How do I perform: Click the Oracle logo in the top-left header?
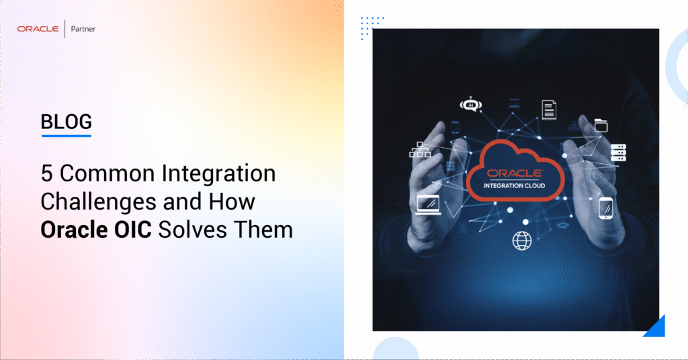38,29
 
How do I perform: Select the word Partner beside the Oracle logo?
83,29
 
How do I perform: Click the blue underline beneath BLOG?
66,136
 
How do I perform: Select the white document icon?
549,109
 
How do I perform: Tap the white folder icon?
601,125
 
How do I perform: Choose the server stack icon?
618,152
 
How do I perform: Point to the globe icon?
522,240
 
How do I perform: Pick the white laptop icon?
428,203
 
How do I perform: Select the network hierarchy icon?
420,150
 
